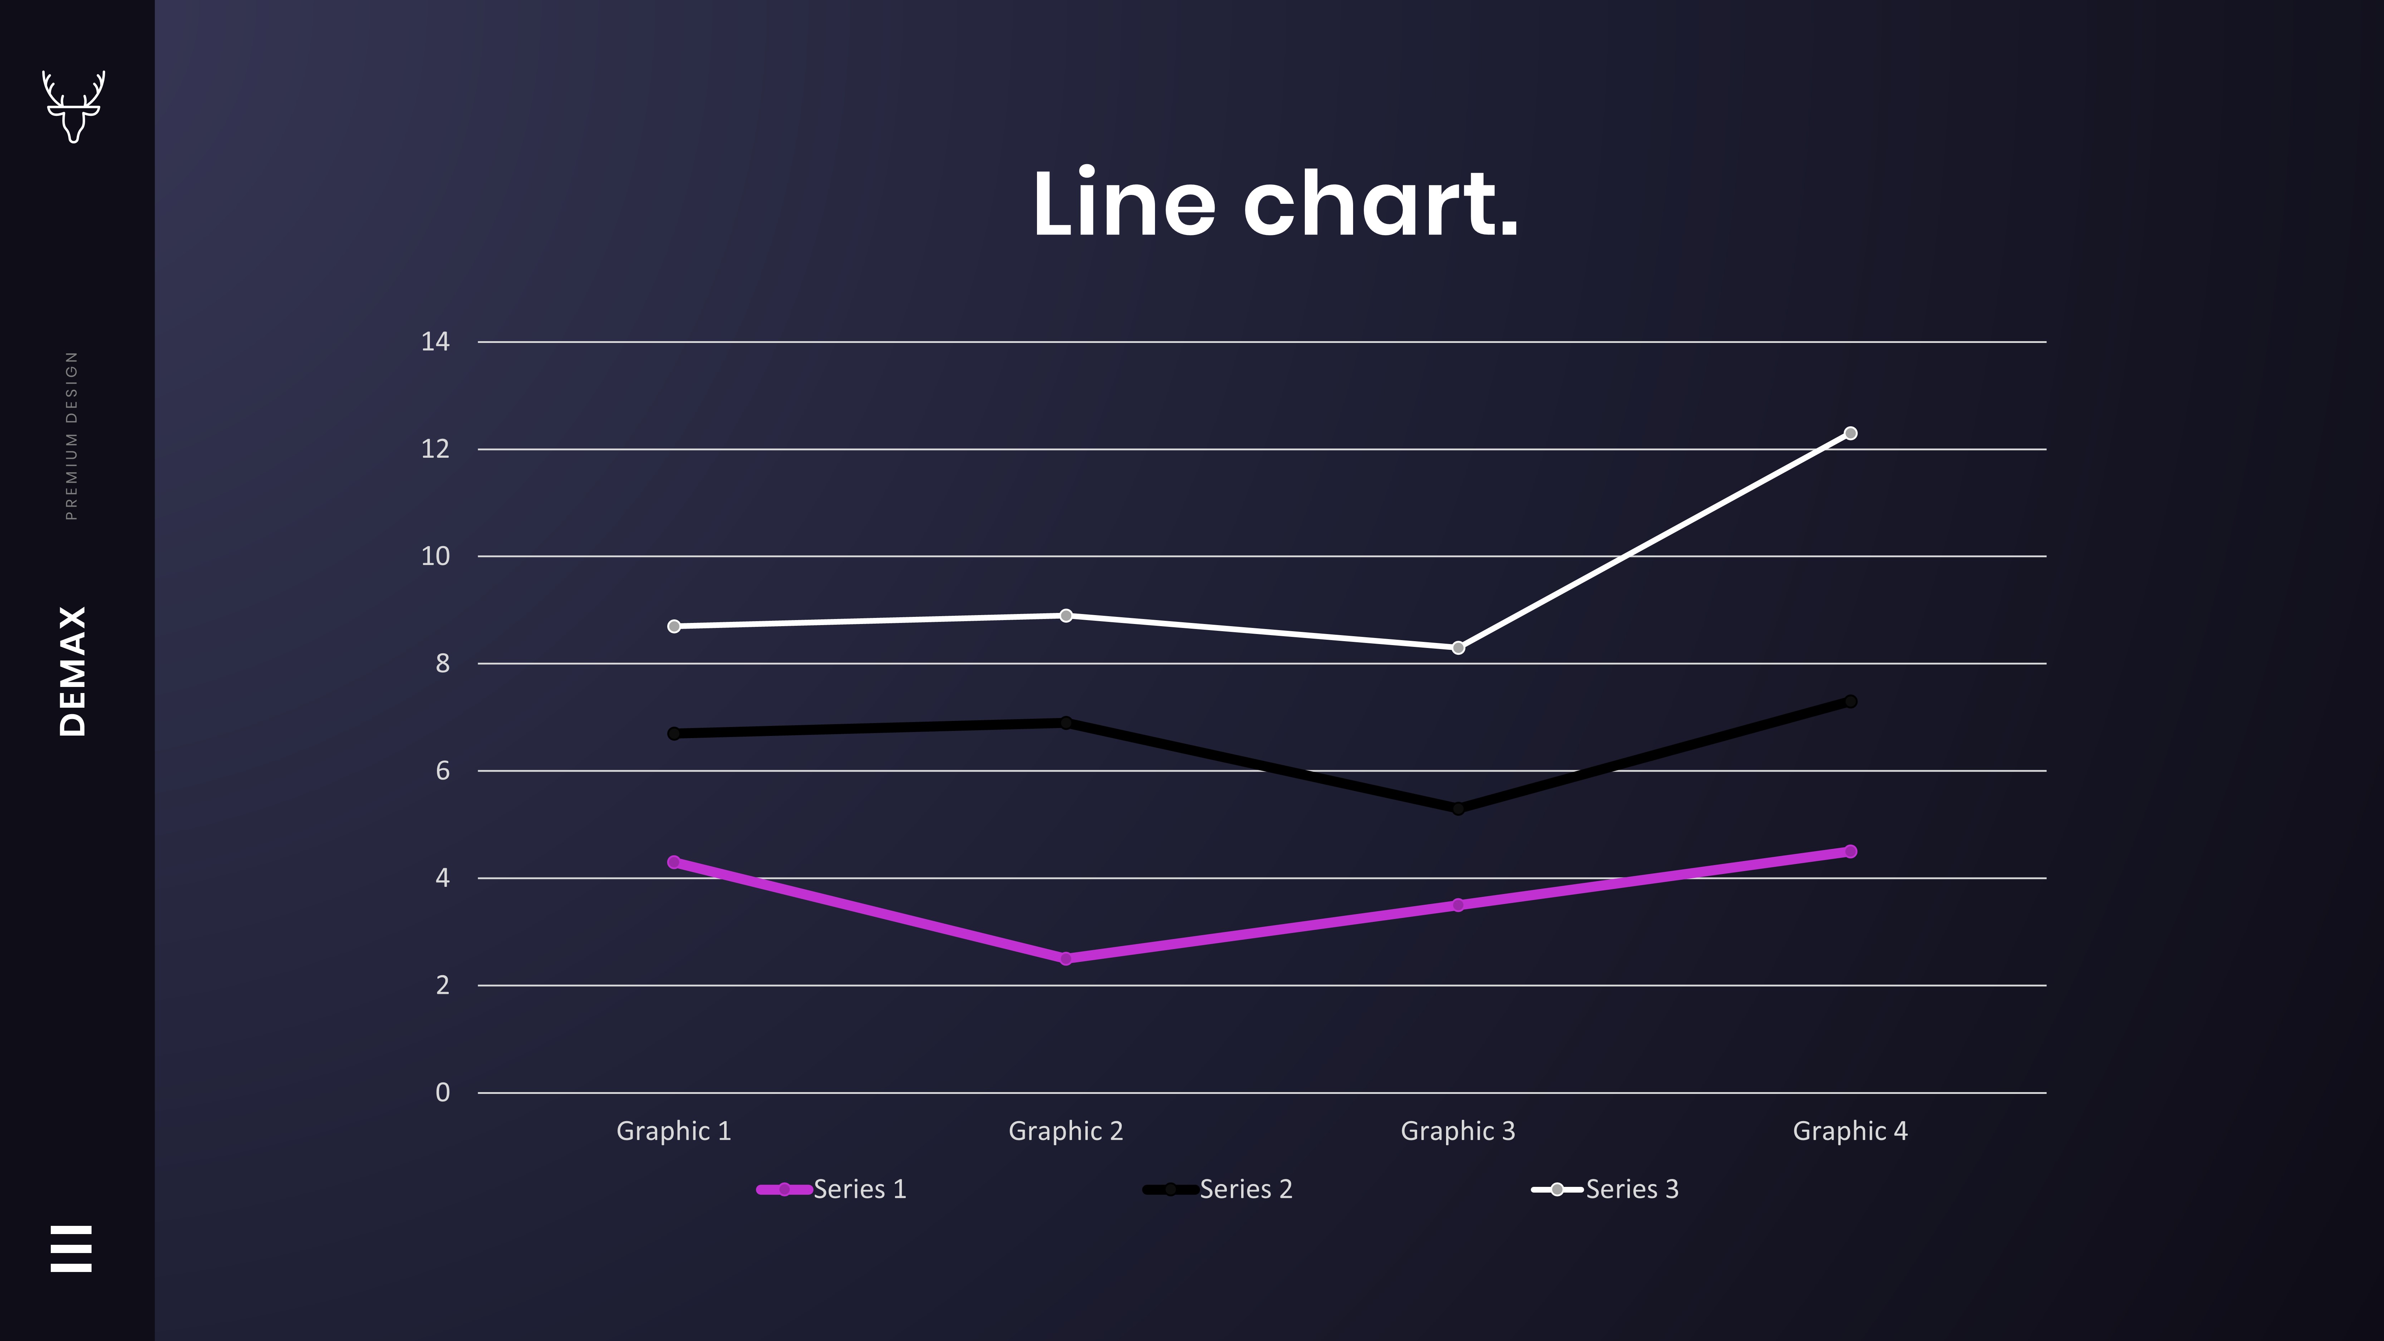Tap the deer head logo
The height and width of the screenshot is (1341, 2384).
click(73, 105)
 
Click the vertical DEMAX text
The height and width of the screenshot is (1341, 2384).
click(72, 671)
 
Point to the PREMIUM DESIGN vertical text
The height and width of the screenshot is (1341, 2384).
click(72, 435)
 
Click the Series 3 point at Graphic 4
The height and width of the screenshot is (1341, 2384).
click(1850, 433)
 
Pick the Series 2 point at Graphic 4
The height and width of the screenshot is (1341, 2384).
click(1850, 702)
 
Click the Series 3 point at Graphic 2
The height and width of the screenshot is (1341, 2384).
click(1065, 615)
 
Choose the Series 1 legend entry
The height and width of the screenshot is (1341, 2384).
click(833, 1189)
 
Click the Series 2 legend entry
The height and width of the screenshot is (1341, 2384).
click(1219, 1189)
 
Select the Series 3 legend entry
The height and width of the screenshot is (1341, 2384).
click(1606, 1189)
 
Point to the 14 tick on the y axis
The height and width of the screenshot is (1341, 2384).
click(435, 342)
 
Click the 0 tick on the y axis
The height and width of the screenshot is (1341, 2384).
click(442, 1092)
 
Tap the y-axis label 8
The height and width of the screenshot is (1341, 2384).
click(442, 664)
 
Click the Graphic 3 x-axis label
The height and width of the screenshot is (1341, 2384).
click(1458, 1131)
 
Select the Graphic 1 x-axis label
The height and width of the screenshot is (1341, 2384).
click(674, 1131)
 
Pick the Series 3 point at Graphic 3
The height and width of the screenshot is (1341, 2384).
click(1458, 648)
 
